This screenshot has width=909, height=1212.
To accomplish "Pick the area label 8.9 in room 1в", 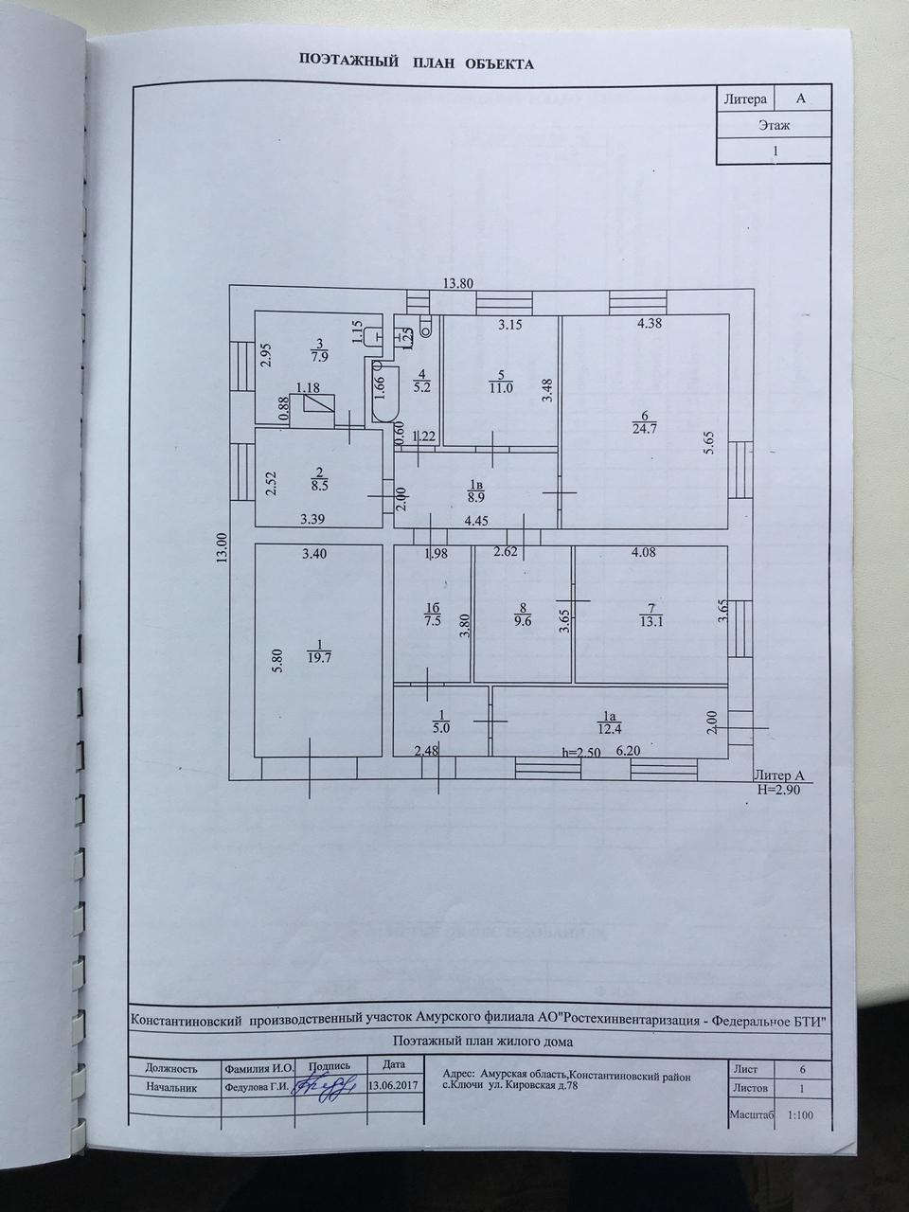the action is [x=475, y=495].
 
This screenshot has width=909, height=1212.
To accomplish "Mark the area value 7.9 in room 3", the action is [x=320, y=357].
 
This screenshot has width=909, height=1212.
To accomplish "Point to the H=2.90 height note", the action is [x=779, y=788].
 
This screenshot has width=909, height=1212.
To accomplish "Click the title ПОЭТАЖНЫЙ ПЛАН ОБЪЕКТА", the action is [x=417, y=64].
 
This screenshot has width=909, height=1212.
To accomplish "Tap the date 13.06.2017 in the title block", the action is [x=393, y=1086].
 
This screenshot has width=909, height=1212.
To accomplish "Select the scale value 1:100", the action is [x=801, y=1115].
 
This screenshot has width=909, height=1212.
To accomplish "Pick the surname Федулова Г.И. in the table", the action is [x=255, y=1087].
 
